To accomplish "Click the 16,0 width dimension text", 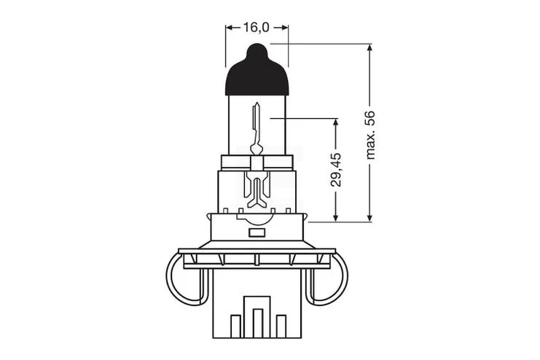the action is tap(257, 27).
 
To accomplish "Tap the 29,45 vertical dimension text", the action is tap(336, 170).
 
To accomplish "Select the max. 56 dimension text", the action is tap(370, 135).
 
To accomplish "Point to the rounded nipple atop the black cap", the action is tap(257, 50).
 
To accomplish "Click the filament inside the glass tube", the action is tap(257, 128).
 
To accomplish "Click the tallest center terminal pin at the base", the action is tap(257, 323).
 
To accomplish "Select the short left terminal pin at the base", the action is tap(235, 326).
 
